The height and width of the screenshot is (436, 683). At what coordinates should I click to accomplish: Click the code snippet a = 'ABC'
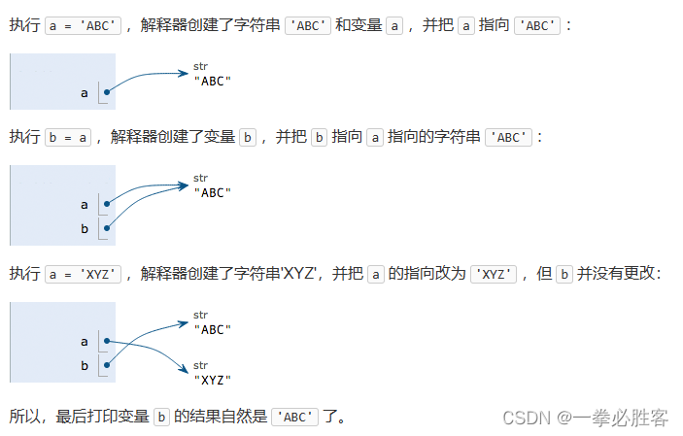(84, 24)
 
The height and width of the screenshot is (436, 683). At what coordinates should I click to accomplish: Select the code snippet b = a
(69, 137)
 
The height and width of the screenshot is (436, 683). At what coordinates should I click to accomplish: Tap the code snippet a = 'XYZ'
(84, 274)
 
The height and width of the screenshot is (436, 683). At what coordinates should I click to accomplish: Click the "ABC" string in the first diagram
(213, 81)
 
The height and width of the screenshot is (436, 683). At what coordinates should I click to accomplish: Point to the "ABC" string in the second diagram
(213, 192)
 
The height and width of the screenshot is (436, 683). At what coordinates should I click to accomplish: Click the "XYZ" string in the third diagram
(213, 379)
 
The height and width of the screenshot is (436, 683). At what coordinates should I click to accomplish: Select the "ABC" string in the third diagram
(213, 329)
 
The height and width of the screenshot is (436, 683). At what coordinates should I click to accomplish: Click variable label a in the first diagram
(85, 93)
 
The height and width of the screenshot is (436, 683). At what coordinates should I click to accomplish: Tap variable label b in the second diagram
(85, 229)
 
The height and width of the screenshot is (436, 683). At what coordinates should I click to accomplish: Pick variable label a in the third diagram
(85, 342)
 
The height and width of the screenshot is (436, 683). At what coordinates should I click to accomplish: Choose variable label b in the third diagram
(85, 366)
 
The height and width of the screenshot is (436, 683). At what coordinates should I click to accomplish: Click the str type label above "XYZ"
(201, 365)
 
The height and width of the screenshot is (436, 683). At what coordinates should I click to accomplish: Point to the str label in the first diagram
(201, 66)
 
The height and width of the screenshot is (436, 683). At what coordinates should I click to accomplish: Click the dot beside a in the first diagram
(106, 93)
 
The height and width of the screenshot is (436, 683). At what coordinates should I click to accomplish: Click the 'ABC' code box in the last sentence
(295, 417)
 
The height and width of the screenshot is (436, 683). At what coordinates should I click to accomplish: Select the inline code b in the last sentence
(162, 417)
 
